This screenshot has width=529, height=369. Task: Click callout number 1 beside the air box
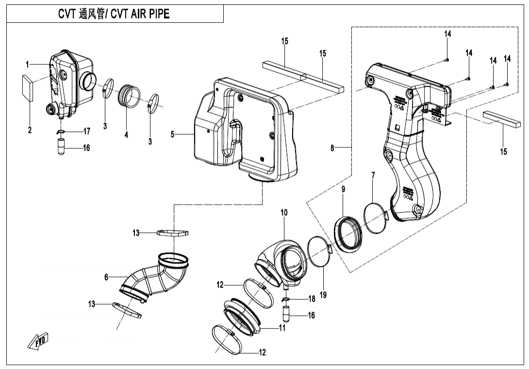coord(28,64)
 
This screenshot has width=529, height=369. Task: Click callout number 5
coord(172,134)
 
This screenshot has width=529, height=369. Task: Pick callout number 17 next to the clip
coord(87,131)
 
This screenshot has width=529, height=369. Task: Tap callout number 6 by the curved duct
coord(106,277)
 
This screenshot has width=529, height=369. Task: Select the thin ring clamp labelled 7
coord(375,218)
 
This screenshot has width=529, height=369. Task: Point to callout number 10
coord(284,212)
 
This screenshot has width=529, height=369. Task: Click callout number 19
coord(323,295)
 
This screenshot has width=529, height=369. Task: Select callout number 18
coord(312,299)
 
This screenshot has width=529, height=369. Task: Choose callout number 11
coord(281,328)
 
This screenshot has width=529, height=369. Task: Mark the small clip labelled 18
coord(287,299)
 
